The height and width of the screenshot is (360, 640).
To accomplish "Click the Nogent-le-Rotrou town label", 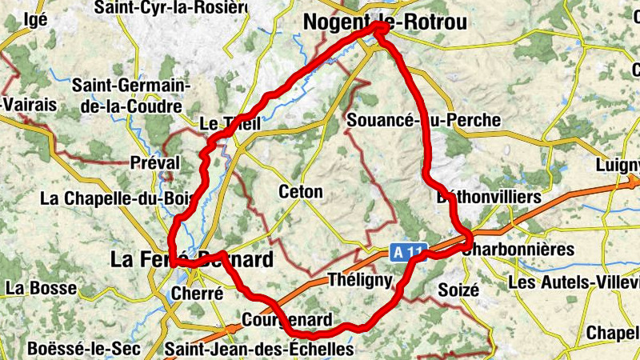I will (385, 23).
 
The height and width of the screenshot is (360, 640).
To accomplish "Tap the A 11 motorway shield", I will (407, 252).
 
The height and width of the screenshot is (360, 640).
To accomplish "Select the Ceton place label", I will (301, 192).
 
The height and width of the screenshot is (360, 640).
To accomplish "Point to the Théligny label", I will (360, 280).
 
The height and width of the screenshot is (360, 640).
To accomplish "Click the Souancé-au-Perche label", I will (425, 120).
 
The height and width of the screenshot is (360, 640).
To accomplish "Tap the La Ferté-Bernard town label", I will (191, 259).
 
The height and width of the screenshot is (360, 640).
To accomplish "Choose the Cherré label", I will (197, 294).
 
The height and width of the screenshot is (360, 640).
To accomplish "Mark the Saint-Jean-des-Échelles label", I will (258, 349).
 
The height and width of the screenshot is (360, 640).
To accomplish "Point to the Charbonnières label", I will (518, 249).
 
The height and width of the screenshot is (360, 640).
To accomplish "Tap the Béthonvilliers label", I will (490, 197).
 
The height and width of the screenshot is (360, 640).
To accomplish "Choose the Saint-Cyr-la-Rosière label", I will (170, 8).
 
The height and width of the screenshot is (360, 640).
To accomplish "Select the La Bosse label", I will (41, 287).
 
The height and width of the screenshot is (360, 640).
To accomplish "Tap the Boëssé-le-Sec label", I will (84, 349).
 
